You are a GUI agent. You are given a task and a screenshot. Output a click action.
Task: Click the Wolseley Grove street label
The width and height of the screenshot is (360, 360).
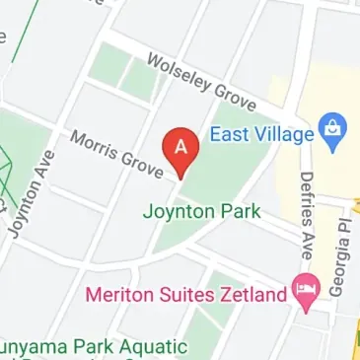point(201,82)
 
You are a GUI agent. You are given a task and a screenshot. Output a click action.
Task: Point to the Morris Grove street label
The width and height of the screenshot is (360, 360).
point(116,154)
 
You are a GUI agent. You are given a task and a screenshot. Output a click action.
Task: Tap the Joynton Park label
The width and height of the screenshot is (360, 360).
point(201,211)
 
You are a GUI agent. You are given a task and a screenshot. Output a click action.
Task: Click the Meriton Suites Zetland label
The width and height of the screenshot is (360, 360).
point(186,294)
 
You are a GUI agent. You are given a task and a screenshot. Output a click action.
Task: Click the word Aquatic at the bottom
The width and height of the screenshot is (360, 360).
point(152,347)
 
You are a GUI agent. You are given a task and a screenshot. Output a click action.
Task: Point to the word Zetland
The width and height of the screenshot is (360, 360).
point(253,294)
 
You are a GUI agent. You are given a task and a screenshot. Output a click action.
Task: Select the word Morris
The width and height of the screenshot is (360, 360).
point(95,144)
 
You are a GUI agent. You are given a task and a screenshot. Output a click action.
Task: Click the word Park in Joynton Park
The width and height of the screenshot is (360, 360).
point(241,211)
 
